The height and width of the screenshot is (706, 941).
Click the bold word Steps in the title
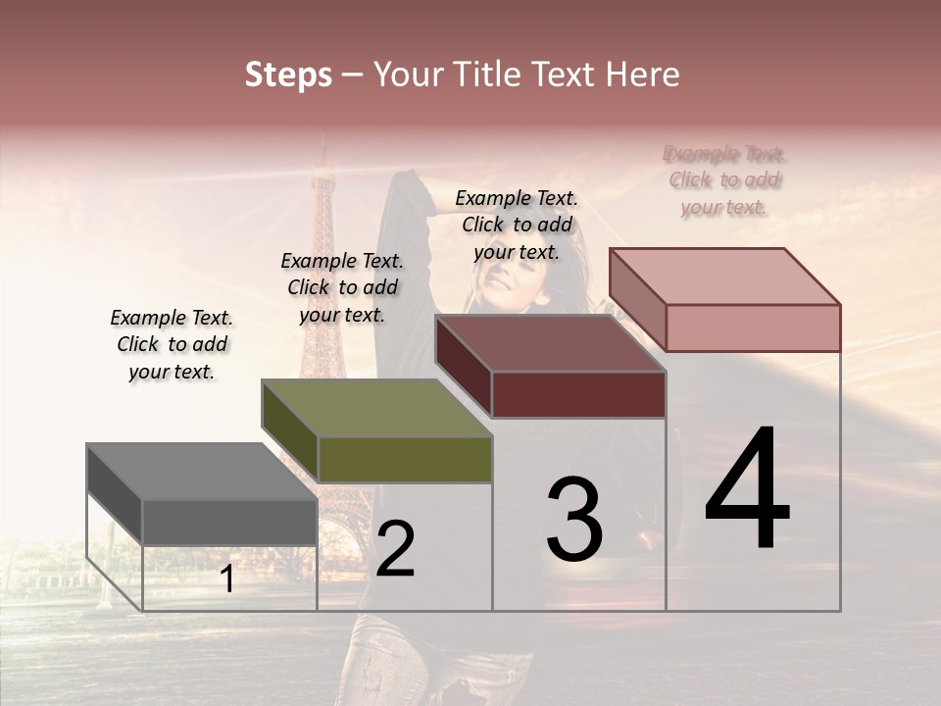tap(288, 75)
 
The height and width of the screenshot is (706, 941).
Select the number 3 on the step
tap(573, 519)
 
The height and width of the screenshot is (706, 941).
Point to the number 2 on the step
tap(395, 548)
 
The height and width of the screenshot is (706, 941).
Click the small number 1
tap(226, 580)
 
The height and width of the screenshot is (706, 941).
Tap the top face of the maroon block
tap(550, 343)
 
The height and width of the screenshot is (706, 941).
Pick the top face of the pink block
tap(724, 277)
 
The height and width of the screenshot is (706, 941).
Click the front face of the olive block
tap(405, 460)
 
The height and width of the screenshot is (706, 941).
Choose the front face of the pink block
tap(753, 328)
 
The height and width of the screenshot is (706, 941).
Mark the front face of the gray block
tap(229, 522)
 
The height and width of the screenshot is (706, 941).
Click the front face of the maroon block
tap(578, 394)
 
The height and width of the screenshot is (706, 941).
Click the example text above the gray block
tap(172, 344)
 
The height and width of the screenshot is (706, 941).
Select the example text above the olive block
tap(342, 287)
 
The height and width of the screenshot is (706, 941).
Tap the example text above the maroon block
tap(517, 225)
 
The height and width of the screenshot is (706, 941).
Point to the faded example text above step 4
tap(724, 180)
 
